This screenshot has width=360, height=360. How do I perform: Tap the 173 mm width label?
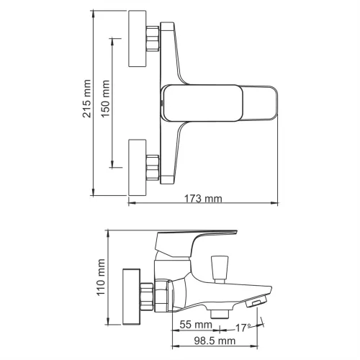(204, 198)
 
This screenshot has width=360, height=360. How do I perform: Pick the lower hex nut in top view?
(152, 167)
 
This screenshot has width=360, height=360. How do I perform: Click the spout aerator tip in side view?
(256, 303)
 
